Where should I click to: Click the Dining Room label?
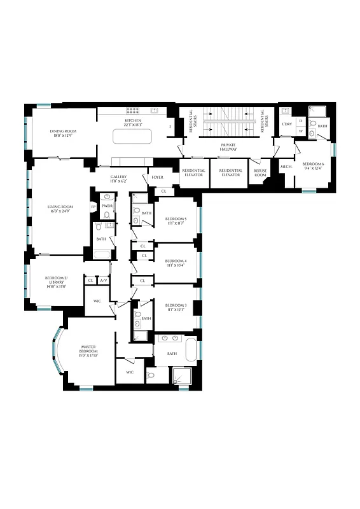click(62, 131)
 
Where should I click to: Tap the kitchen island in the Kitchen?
click(132, 137)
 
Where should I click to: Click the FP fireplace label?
click(93, 207)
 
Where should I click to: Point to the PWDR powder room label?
click(107, 206)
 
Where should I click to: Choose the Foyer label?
click(157, 178)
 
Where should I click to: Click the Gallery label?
click(119, 177)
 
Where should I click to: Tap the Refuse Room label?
click(261, 172)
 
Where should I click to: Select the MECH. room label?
click(286, 167)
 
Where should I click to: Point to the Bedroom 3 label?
click(176, 305)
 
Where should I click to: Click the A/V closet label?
click(104, 280)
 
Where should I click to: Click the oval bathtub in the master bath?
click(190, 349)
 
